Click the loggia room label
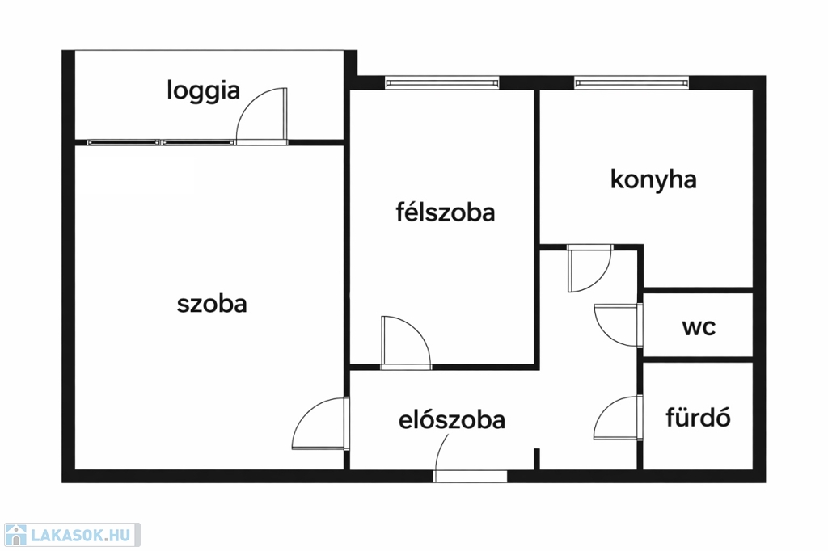[203, 90]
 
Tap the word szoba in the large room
[212, 304]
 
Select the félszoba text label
[446, 212]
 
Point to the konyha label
[653, 179]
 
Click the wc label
[699, 327]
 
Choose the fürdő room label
[698, 417]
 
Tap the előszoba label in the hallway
[451, 419]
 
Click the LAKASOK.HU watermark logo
[72, 535]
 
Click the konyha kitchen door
[589, 268]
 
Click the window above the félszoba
[442, 83]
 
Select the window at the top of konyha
[632, 83]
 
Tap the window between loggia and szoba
[161, 142]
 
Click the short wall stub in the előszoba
[537, 459]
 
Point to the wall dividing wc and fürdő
[698, 360]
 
